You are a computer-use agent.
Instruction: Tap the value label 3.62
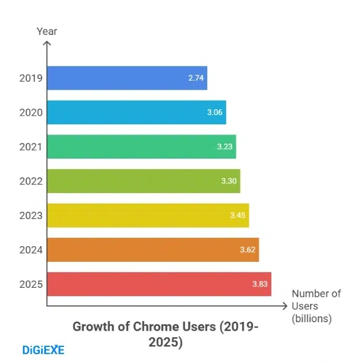[x=248, y=250]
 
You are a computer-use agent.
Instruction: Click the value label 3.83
[x=260, y=284]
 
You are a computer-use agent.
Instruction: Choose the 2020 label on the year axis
[x=30, y=112]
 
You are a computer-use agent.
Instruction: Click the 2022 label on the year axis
[x=30, y=181]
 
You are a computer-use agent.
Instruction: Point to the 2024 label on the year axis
[x=30, y=250]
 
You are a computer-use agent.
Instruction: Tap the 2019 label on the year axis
[x=30, y=78]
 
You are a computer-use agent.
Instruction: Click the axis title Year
[x=47, y=31]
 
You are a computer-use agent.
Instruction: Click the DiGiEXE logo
[x=43, y=349]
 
